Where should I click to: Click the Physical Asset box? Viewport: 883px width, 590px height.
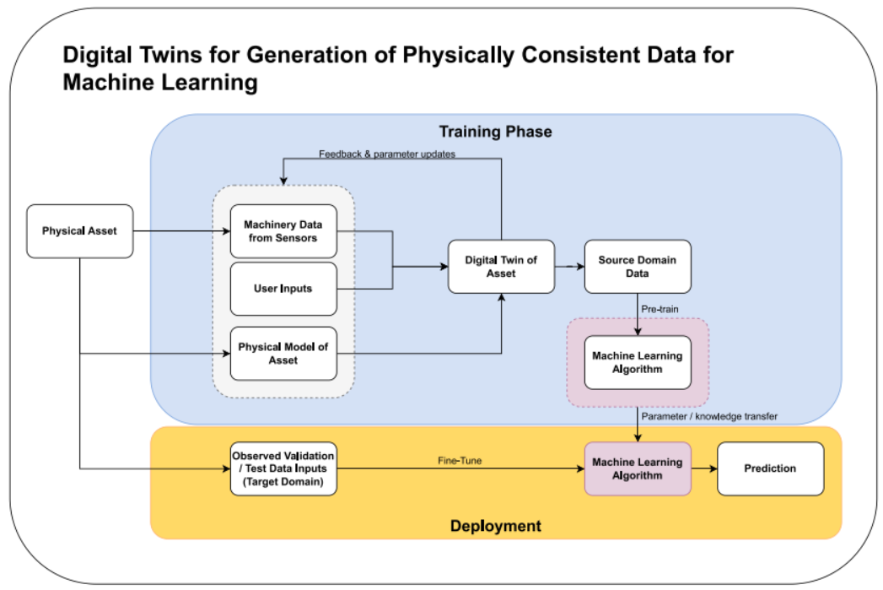pyautogui.click(x=80, y=231)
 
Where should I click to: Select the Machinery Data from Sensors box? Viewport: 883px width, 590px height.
pyautogui.click(x=283, y=231)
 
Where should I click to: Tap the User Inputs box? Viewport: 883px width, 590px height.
pyautogui.click(x=283, y=289)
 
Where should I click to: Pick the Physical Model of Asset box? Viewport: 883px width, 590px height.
pyautogui.click(x=283, y=354)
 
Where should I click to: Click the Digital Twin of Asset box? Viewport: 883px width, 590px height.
pyautogui.click(x=501, y=267)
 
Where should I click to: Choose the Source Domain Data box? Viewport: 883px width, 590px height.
pyautogui.click(x=638, y=267)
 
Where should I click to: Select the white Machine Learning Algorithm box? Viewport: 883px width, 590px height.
pyautogui.click(x=638, y=362)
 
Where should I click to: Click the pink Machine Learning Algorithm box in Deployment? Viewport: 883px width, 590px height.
pyautogui.click(x=638, y=468)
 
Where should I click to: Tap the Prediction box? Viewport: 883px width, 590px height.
pyautogui.click(x=770, y=468)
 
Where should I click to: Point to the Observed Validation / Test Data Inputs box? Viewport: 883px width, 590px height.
pyautogui.click(x=283, y=468)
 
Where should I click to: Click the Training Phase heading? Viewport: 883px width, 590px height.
pyautogui.click(x=496, y=132)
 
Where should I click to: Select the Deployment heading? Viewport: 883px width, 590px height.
pyautogui.click(x=496, y=526)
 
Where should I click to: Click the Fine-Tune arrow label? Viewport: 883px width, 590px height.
pyautogui.click(x=460, y=460)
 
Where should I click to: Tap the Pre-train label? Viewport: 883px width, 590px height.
pyautogui.click(x=660, y=309)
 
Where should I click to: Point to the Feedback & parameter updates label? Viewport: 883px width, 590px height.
pyautogui.click(x=387, y=154)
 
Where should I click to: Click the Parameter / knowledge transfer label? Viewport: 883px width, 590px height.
pyautogui.click(x=709, y=416)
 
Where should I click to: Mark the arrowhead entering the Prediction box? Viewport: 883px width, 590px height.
pyautogui.click(x=713, y=468)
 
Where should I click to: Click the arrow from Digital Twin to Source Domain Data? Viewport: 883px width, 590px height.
pyautogui.click(x=569, y=267)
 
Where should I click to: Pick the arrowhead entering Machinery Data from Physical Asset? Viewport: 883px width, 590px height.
pyautogui.click(x=226, y=231)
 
